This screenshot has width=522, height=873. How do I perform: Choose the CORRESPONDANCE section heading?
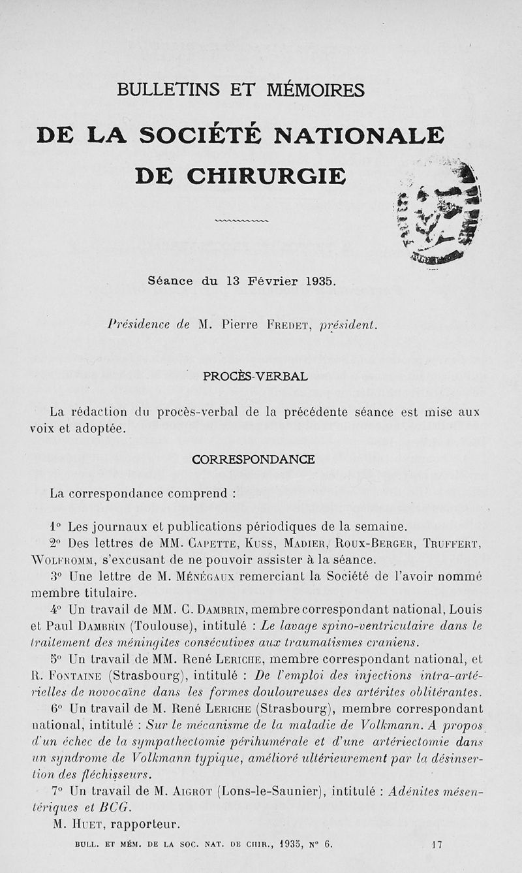[x=253, y=460]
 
